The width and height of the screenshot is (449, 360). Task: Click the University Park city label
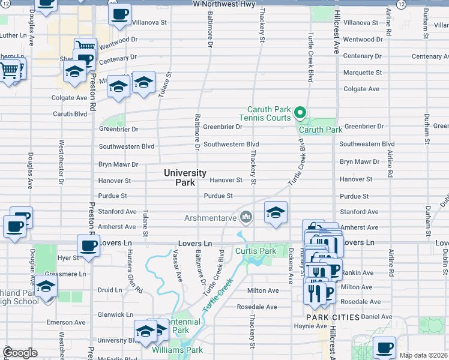coord(185,178)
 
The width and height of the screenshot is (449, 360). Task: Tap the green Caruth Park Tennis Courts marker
coord(299,112)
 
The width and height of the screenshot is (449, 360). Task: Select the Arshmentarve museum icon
coord(246,217)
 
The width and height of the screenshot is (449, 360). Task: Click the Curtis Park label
coord(255,251)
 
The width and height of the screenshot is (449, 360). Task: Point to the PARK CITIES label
coord(333,317)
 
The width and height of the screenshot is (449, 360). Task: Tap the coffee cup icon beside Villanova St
coord(119,14)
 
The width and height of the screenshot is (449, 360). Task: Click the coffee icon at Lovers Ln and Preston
coord(88,245)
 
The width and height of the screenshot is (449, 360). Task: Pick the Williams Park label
coord(176,349)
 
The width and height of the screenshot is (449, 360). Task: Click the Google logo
coord(20,353)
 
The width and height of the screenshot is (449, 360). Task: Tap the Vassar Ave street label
coord(179,268)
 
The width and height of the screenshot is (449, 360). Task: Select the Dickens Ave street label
coord(290,263)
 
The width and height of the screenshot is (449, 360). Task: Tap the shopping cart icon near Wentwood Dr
coord(85,47)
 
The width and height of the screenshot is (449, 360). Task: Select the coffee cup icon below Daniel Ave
coord(384,347)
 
